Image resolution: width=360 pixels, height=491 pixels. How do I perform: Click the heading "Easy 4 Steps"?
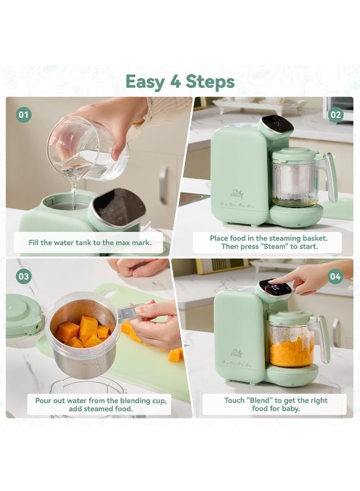pos(180,81)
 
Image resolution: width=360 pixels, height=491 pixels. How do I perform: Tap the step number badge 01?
pos(23,115)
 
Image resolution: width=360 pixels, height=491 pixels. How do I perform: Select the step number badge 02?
pos(335,115)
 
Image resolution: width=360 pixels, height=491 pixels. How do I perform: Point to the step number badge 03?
pos(23,276)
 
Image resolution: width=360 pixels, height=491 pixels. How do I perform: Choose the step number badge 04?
pos(335,276)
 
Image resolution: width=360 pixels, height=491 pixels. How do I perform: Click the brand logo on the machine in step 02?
pos(237,193)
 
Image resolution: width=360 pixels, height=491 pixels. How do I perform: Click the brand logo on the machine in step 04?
pos(237,353)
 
